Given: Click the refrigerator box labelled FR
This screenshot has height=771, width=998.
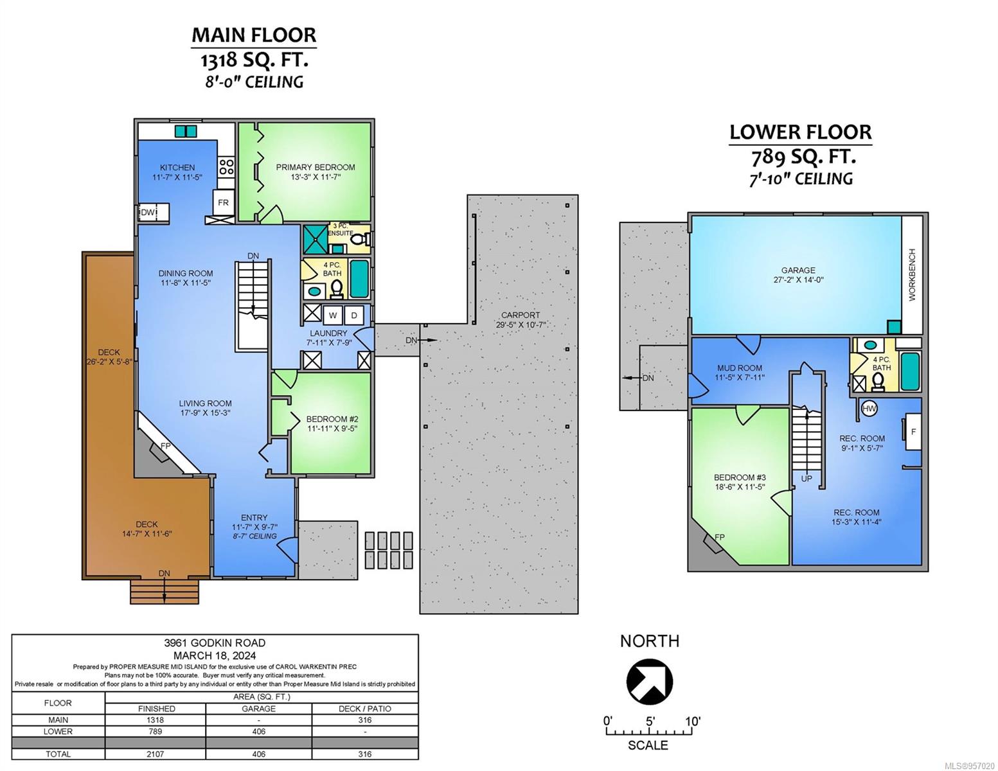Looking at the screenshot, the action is tap(223, 202).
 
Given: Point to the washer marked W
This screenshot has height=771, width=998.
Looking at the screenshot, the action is tap(332, 315).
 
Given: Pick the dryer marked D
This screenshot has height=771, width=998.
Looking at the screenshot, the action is tap(353, 315).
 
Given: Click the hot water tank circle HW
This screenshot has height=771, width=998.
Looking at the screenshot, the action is tap(869, 409).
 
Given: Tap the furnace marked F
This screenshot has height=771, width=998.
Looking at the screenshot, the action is tap(913, 432).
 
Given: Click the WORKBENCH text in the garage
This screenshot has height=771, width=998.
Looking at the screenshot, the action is tap(912, 274).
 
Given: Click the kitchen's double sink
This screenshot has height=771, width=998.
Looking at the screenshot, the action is tap(186, 131).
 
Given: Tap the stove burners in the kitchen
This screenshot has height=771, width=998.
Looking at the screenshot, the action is tap(226, 166).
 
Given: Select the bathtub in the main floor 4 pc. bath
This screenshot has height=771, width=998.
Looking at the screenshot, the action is tap(360, 279).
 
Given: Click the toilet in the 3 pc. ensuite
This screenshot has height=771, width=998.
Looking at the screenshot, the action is tap(366, 239).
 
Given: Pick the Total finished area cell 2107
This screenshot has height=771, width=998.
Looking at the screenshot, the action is tap(156, 754).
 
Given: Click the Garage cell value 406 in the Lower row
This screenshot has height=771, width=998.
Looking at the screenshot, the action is tap(258, 731).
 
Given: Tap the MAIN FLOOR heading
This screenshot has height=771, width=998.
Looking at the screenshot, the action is tap(254, 35).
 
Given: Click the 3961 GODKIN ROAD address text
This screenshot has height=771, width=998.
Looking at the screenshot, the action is tap(215, 643).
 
